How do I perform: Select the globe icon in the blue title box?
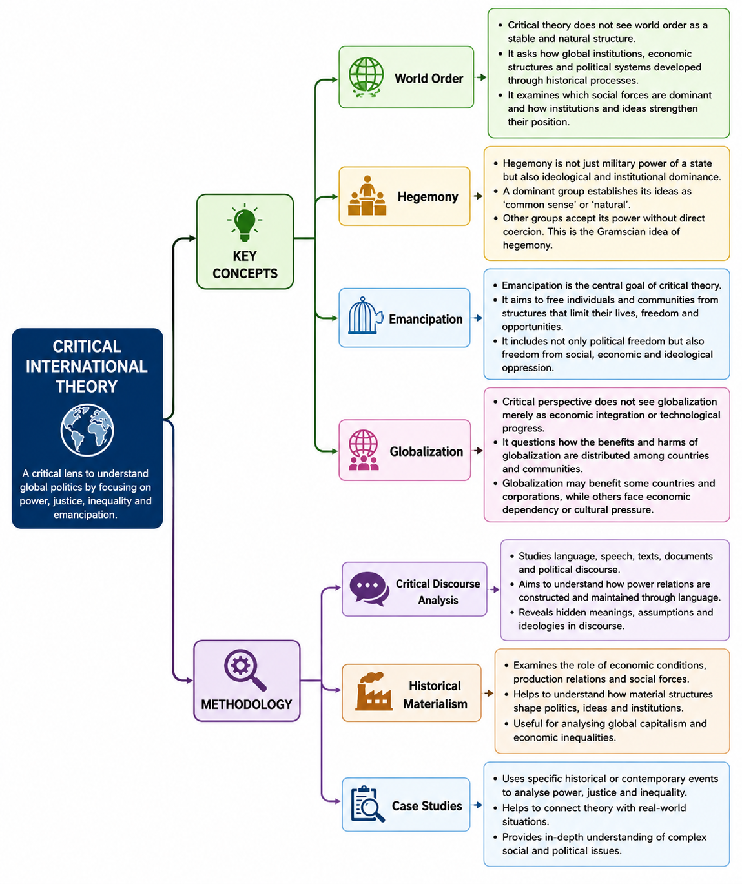[x=87, y=429]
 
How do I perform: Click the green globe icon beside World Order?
[x=366, y=77]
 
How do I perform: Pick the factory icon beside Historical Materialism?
[x=373, y=691]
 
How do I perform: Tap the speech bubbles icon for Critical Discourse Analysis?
[x=369, y=588]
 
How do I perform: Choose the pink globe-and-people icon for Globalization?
[x=364, y=449]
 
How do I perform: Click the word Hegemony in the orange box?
[x=428, y=197]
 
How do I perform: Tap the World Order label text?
[x=429, y=78]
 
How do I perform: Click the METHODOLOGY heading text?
[x=247, y=704]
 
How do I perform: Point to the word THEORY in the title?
[x=87, y=386]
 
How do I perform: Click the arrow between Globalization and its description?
[x=477, y=451]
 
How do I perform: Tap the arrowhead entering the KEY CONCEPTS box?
[x=192, y=238]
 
